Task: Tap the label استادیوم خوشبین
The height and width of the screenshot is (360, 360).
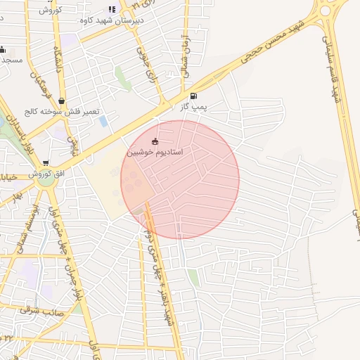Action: (x=155, y=152)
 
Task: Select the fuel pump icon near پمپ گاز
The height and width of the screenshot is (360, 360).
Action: (x=193, y=96)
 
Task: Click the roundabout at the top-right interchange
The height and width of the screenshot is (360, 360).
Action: (x=326, y=10)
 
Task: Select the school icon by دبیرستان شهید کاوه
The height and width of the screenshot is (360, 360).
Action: (x=112, y=10)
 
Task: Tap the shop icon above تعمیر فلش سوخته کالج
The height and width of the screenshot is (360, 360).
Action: (x=62, y=101)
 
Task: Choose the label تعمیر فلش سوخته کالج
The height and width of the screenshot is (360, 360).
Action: (x=63, y=112)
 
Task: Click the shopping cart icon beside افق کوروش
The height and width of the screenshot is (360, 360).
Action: (x=46, y=163)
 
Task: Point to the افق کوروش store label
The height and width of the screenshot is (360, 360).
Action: (x=44, y=174)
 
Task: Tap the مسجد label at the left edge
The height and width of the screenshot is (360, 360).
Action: (x=11, y=60)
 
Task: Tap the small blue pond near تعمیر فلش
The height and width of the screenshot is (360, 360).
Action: (x=104, y=121)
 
